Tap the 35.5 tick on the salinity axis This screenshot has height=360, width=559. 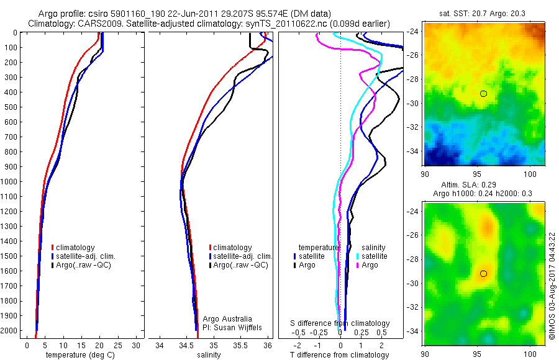[x=241, y=345]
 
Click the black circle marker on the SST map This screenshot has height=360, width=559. [x=483, y=94]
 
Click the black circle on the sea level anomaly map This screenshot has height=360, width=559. [x=483, y=274]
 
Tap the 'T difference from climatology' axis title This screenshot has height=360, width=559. [x=340, y=355]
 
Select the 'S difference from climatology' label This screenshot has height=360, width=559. [x=340, y=323]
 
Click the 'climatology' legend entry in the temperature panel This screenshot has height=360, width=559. [x=76, y=248]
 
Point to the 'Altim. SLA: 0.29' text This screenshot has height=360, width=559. [x=478, y=186]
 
